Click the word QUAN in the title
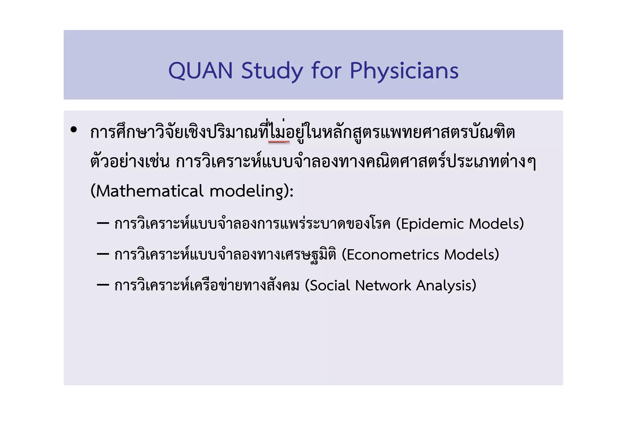(201, 71)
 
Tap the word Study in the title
(272, 71)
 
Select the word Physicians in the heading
(404, 71)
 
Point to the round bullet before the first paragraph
(73, 130)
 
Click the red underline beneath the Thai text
(279, 142)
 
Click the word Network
(383, 285)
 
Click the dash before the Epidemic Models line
(103, 224)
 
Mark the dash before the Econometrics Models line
(103, 254)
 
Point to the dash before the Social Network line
(103, 285)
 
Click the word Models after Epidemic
(494, 224)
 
